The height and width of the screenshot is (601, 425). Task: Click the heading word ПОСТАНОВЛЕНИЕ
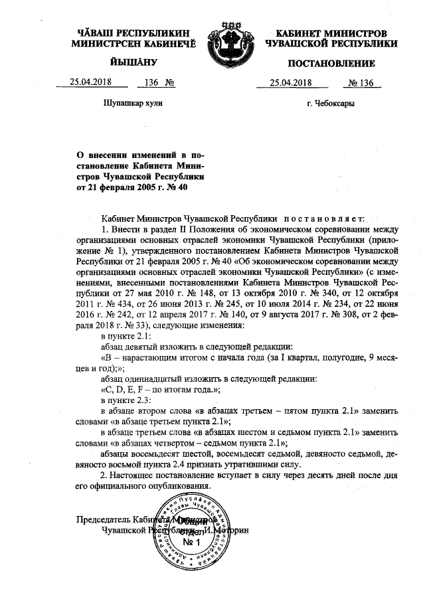click(331, 64)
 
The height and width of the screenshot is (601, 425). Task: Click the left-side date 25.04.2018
click(90, 84)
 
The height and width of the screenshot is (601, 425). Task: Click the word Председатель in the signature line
click(102, 519)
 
